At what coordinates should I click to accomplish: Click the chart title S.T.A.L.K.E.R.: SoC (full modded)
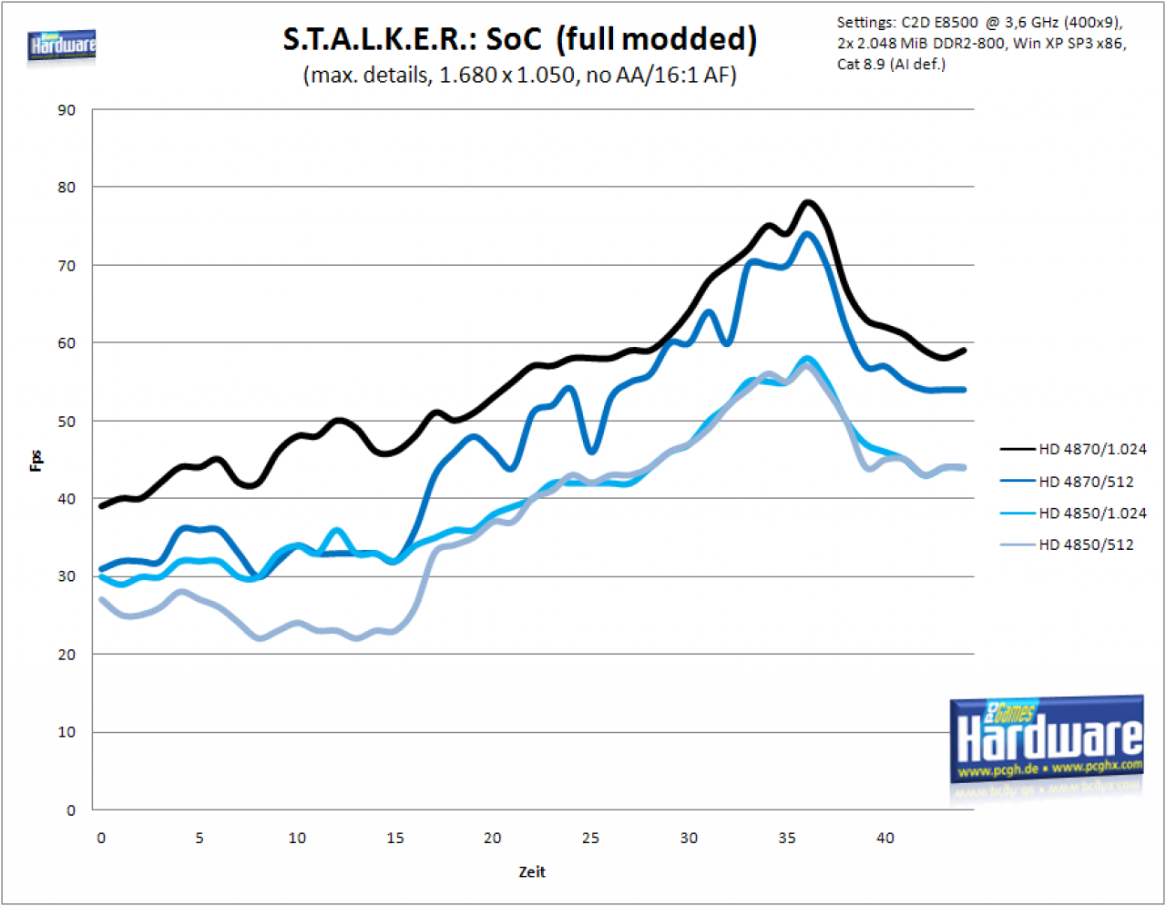pos(519,39)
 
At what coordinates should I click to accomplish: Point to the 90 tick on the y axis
pos(66,110)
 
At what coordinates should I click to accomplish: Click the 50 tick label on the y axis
pos(66,422)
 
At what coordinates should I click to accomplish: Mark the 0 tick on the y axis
pos(71,810)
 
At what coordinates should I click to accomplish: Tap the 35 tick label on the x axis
pos(787,838)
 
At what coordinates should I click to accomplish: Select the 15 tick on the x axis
pos(395,838)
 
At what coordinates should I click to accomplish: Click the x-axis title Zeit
pos(532,872)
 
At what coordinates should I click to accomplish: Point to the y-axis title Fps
pos(36,461)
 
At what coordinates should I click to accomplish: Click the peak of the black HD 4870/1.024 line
pos(808,203)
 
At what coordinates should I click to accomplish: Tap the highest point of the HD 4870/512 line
pos(807,234)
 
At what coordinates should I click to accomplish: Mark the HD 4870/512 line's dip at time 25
pos(591,452)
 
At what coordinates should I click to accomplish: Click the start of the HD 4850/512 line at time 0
pos(101,599)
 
